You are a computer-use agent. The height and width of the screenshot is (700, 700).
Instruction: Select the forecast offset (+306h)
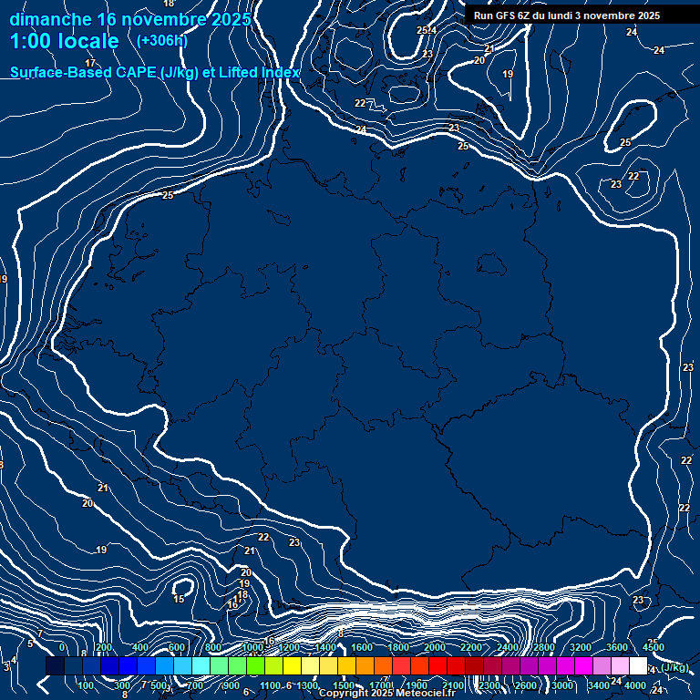[161, 41]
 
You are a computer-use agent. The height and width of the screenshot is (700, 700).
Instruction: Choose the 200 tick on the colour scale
[103, 647]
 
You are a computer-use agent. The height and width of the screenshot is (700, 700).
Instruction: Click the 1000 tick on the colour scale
[252, 647]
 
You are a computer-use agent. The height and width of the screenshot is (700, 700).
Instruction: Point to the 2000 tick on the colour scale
[435, 647]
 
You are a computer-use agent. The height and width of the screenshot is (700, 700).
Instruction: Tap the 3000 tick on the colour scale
[562, 685]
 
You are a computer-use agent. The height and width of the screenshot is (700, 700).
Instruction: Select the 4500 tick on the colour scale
[654, 647]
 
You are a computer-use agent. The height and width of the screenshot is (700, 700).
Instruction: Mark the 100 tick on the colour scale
[87, 685]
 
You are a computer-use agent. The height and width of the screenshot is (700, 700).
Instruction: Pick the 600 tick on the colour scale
[177, 647]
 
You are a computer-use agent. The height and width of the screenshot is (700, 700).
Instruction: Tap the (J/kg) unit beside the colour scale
[674, 668]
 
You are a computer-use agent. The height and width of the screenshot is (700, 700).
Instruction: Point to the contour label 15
[180, 599]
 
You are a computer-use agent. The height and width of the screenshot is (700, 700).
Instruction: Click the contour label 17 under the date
[90, 63]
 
